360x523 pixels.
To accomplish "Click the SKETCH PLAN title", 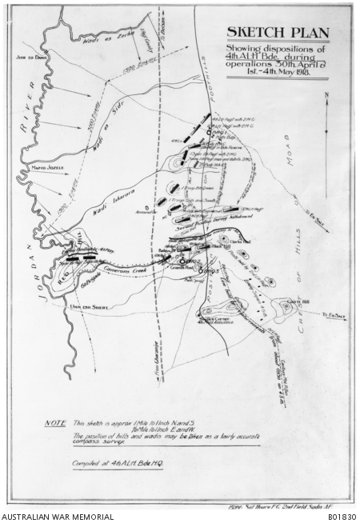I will pyautogui.click(x=277, y=32).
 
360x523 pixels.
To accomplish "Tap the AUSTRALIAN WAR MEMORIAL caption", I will pyautogui.click(x=58, y=517).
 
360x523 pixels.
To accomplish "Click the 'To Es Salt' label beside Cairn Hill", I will pyautogui.click(x=336, y=317).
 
